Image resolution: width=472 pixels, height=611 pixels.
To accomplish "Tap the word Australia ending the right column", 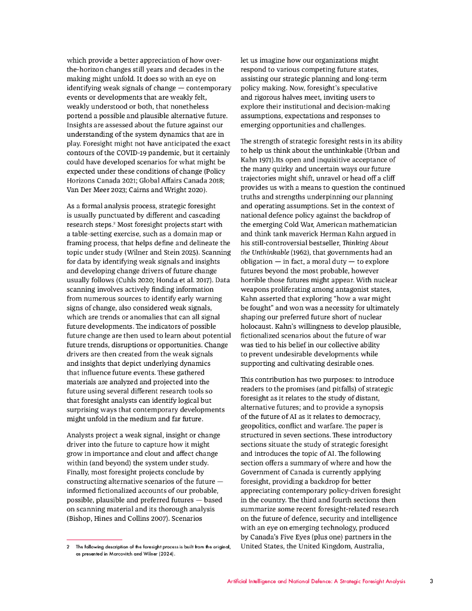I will (x=383, y=546).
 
